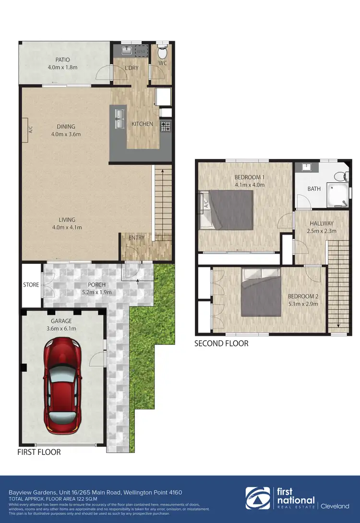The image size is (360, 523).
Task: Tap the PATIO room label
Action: [x=62, y=60]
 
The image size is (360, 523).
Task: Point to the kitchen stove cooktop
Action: [x=165, y=126]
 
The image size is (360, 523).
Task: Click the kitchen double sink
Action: [x=119, y=118]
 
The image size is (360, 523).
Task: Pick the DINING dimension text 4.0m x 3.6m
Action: [x=66, y=134]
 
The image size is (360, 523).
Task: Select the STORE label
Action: [x=31, y=285]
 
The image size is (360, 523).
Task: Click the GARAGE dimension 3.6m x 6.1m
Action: [x=61, y=328]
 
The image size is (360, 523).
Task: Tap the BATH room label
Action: [x=314, y=189]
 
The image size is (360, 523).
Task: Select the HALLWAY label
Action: [x=322, y=224]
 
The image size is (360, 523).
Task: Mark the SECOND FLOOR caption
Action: [x=221, y=343]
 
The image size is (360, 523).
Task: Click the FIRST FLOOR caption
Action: [x=39, y=452]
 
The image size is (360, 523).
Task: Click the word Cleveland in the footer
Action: [x=335, y=506]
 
